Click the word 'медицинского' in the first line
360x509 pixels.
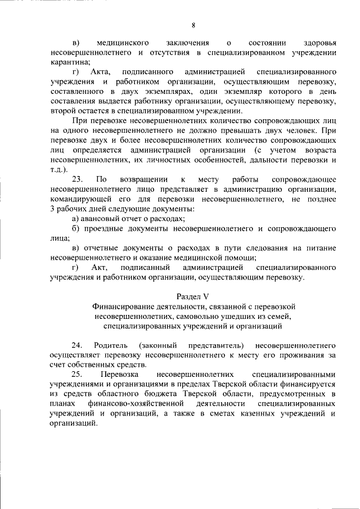pyautogui.click(x=122, y=43)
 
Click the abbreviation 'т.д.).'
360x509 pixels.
pyautogui.click(x=58, y=170)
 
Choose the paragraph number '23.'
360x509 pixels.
pyautogui.click(x=78, y=179)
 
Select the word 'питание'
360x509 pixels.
pyautogui.click(x=322, y=247)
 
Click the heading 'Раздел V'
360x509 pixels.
pyautogui.click(x=193, y=296)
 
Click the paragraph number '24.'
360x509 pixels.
pyautogui.click(x=78, y=345)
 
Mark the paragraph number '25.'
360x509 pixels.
pyautogui.click(x=78, y=374)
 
